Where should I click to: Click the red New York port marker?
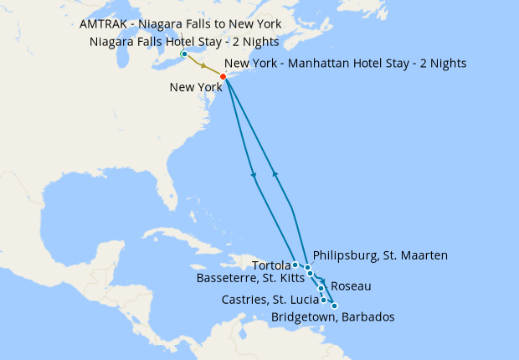point(223,77)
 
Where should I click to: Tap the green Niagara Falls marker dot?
point(184,54)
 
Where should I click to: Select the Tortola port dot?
point(295,265)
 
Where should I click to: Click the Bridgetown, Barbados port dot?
point(335,306)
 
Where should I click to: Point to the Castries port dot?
point(324,300)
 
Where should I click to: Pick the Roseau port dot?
point(321,287)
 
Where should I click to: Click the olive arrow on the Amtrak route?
point(203,65)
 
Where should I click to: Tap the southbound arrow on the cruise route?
point(254,174)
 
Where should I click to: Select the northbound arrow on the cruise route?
point(275,173)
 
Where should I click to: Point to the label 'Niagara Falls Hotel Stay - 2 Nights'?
point(183,41)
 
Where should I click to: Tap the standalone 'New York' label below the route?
point(194,87)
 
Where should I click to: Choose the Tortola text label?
point(270,265)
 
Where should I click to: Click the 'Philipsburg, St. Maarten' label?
point(379,255)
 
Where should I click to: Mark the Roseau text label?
point(352,286)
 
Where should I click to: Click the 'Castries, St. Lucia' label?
point(269,300)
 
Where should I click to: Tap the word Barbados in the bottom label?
point(366,316)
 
